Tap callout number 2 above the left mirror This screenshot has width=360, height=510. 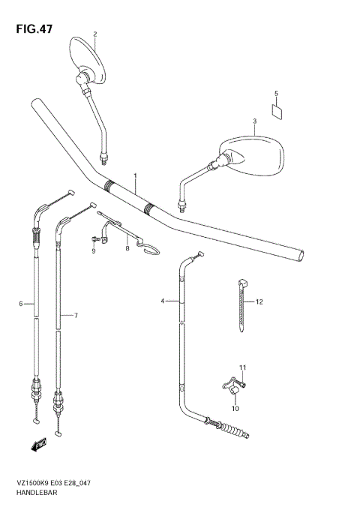pyautogui.click(x=95, y=34)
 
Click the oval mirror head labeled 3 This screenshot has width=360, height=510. pyautogui.click(x=254, y=153)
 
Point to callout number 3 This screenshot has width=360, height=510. pyautogui.click(x=254, y=121)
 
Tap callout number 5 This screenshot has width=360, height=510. pyautogui.click(x=276, y=94)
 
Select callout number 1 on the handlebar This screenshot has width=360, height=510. pyautogui.click(x=135, y=176)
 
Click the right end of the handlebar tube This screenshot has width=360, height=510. pyautogui.click(x=301, y=256)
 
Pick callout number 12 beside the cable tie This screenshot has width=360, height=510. pyautogui.click(x=259, y=302)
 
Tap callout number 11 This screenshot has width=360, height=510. pyautogui.click(x=242, y=367)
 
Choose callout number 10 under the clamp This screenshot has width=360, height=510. pyautogui.click(x=234, y=408)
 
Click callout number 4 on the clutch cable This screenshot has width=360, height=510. pyautogui.click(x=162, y=301)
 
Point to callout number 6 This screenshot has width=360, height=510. pyautogui.click(x=22, y=304)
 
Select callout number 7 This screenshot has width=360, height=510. pyautogui.click(x=76, y=316)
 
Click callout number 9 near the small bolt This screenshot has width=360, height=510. pyautogui.click(x=94, y=251)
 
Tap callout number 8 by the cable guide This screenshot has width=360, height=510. pyautogui.click(x=127, y=248)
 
